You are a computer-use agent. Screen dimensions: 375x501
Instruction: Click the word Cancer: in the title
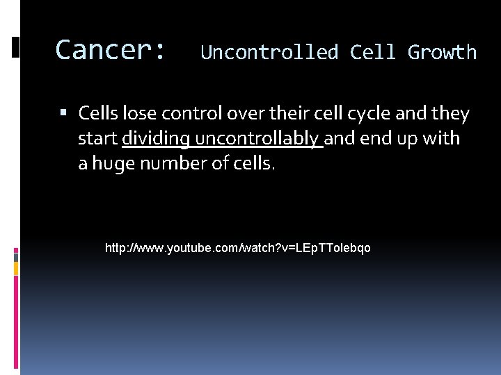click(111, 50)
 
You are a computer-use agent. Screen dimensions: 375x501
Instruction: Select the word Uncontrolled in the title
click(269, 52)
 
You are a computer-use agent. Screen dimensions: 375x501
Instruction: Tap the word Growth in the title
click(442, 52)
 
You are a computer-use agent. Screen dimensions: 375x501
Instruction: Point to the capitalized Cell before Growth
click(376, 52)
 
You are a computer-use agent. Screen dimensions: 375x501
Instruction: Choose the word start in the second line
click(97, 138)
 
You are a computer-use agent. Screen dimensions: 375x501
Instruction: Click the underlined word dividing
click(156, 139)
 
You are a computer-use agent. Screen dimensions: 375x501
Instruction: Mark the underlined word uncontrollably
click(258, 138)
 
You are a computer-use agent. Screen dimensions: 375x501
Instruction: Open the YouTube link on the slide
click(237, 247)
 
